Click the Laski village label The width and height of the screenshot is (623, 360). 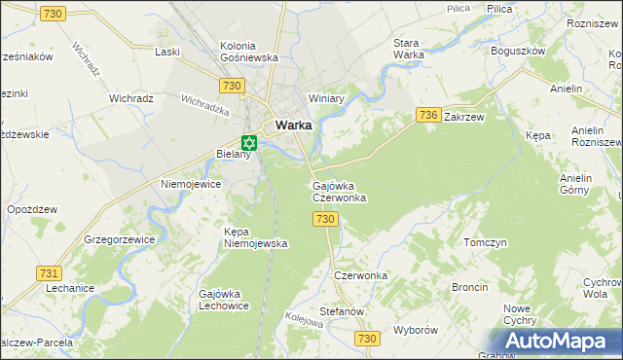pyautogui.click(x=168, y=51)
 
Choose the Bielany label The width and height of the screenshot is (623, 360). pyautogui.click(x=234, y=155)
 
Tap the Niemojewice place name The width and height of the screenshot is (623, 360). pyautogui.click(x=192, y=183)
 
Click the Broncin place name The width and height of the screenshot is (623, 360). pyautogui.click(x=469, y=288)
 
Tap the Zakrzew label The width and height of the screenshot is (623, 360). pyautogui.click(x=463, y=116)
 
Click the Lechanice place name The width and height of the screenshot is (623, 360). pyautogui.click(x=69, y=288)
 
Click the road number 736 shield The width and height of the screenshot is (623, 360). pyautogui.click(x=428, y=115)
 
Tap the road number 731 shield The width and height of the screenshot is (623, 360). pyautogui.click(x=49, y=273)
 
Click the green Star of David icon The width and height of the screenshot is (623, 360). pyautogui.click(x=247, y=142)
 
